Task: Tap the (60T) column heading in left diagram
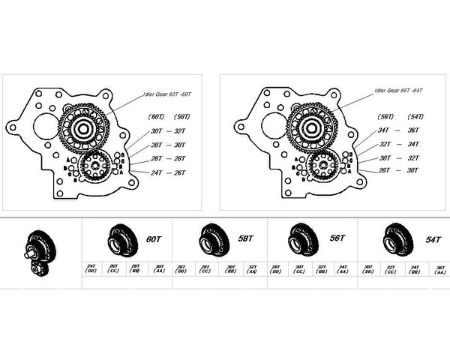click(157, 117)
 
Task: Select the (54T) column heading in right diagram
click(415, 117)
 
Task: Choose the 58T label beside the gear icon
click(245, 238)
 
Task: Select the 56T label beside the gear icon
click(336, 238)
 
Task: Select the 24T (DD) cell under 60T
click(91, 268)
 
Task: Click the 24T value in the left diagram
click(156, 173)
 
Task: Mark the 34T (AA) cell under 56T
click(343, 268)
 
